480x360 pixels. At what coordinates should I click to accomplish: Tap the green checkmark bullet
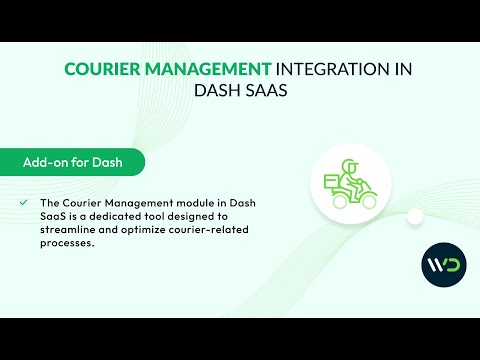click(23, 203)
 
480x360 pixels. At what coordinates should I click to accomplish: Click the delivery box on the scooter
click(331, 181)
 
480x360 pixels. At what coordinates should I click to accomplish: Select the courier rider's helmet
click(348, 163)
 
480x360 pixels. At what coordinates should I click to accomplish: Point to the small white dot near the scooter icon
click(415, 216)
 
